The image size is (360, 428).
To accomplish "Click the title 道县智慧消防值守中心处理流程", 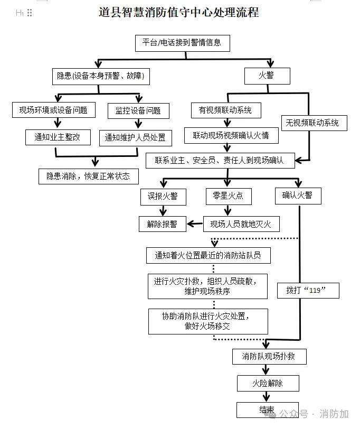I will pos(179,12).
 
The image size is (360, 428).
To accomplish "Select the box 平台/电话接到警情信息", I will pos(178,42).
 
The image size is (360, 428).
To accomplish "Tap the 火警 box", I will pos(267,76).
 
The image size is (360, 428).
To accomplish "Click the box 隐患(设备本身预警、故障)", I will pos(100,76).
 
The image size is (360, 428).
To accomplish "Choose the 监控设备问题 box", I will pos(138,110).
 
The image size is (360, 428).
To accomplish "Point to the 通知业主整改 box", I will pos(57,137).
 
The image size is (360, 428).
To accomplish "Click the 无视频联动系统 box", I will pos(312,123).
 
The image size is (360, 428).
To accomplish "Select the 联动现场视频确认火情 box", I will pos(227,135).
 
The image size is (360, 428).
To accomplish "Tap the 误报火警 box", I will pos(163,196).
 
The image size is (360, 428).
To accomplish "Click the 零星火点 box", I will pos(228,196).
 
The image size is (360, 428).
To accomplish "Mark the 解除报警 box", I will pos(162,224).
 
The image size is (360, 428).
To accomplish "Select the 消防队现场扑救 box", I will pos(269,356).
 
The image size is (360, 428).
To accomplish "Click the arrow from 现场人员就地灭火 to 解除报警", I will pos(195,224).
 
